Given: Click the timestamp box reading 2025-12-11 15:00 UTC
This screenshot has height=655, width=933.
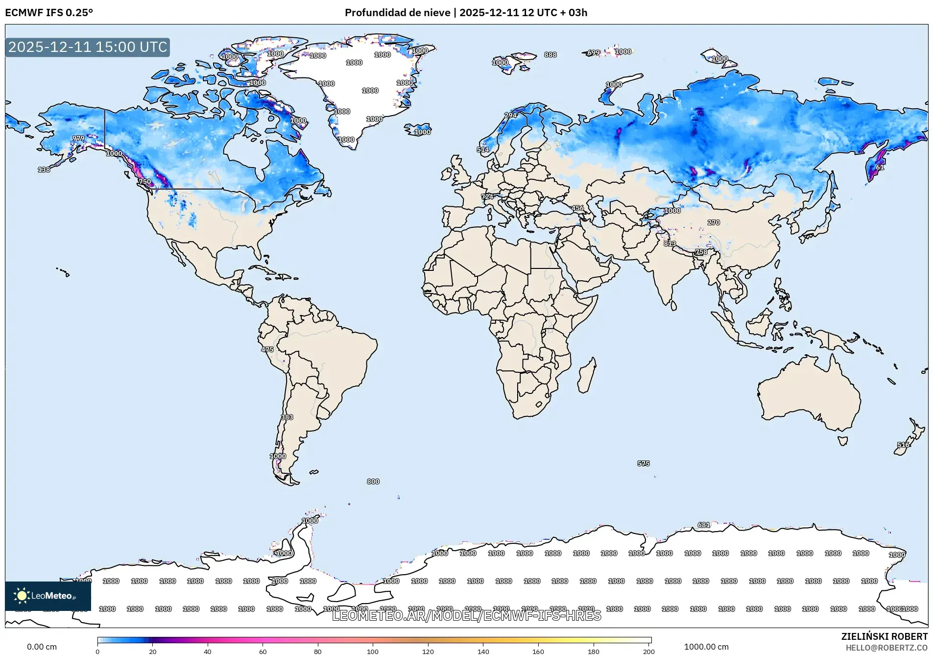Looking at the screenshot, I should pyautogui.click(x=88, y=47).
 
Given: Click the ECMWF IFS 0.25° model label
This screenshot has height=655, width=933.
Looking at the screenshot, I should pyautogui.click(x=49, y=13).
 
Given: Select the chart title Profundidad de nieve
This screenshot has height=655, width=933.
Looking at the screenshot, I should pyautogui.click(x=397, y=13).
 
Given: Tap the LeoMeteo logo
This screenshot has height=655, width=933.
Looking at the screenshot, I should pyautogui.click(x=48, y=596).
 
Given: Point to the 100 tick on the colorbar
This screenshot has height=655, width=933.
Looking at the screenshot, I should pyautogui.click(x=373, y=651).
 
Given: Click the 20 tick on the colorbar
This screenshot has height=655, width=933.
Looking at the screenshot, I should pyautogui.click(x=153, y=651).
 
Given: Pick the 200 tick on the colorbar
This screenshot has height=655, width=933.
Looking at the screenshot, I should pyautogui.click(x=648, y=651).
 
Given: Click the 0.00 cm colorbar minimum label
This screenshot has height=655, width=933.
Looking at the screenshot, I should pyautogui.click(x=42, y=647).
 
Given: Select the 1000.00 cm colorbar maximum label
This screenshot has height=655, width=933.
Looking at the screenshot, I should pyautogui.click(x=706, y=647).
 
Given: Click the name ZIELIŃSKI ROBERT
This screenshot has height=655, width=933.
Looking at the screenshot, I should pyautogui.click(x=884, y=636).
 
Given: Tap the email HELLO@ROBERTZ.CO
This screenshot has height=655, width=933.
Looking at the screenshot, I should pyautogui.click(x=886, y=648).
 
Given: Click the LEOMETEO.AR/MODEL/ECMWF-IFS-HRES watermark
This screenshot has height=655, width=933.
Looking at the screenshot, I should pyautogui.click(x=466, y=615).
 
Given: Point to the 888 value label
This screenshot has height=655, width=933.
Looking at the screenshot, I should pyautogui.click(x=550, y=55).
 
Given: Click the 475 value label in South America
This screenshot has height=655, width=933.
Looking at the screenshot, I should pyautogui.click(x=267, y=350).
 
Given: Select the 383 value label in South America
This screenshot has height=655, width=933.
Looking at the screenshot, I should pyautogui.click(x=287, y=417).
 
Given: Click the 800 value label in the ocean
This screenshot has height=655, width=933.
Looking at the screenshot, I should pyautogui.click(x=373, y=482).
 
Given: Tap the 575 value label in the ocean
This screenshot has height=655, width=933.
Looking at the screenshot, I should pyautogui.click(x=644, y=463).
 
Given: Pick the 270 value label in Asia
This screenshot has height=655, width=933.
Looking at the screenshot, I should pyautogui.click(x=714, y=222).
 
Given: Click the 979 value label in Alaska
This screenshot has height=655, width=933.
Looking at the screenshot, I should pyautogui.click(x=78, y=138).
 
